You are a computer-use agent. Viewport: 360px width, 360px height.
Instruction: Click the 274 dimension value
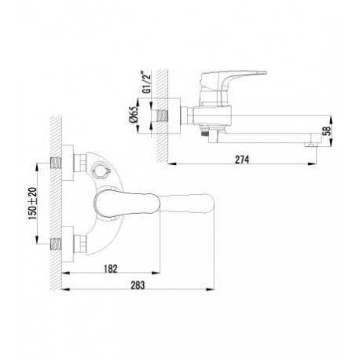242,160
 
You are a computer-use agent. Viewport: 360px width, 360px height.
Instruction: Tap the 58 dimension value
326,130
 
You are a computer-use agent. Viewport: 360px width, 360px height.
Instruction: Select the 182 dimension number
111,269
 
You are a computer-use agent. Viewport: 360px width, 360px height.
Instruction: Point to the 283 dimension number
138,285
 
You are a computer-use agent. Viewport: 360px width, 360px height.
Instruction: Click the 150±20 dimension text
33,204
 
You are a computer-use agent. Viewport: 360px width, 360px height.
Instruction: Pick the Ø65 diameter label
133,115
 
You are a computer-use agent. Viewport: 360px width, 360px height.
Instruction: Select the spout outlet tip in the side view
310,145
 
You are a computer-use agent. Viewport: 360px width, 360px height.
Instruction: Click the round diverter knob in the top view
100,171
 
